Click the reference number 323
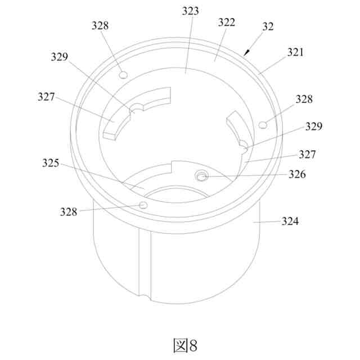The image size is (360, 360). tap(190, 11)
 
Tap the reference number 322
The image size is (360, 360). tap(226, 22)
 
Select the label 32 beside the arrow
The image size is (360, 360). tap(268, 26)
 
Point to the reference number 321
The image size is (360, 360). tap(295, 52)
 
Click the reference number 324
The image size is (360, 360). tap(290, 221)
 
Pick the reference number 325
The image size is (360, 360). tap(51, 163)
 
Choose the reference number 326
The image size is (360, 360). tap(297, 174)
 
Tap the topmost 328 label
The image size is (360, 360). tap(100, 25)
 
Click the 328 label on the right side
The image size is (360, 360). tap(304, 99)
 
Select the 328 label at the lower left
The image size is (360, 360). tap(69, 212)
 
